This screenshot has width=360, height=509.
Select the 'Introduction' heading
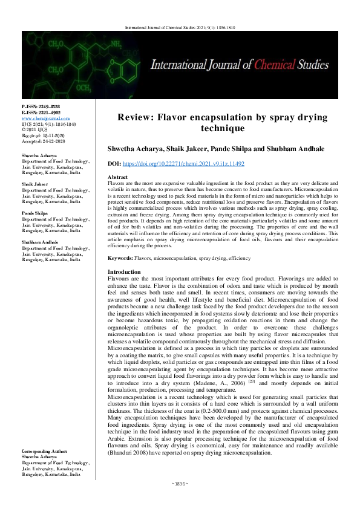[123, 272]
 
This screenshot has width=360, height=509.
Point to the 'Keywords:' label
[120, 258]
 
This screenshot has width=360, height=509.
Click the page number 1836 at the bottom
[180, 501]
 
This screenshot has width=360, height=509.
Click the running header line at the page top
[180, 27]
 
